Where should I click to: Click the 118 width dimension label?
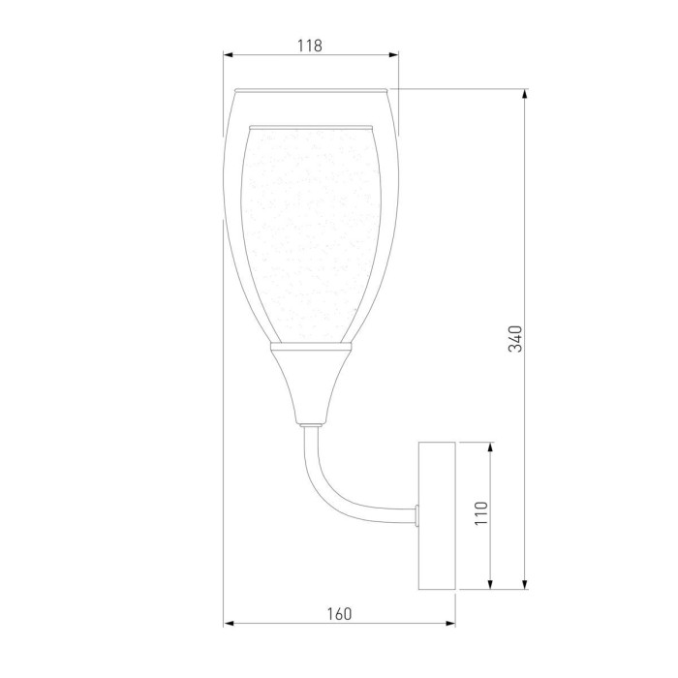click(x=309, y=45)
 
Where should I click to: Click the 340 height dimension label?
click(x=516, y=339)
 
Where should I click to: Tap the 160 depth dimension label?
click(x=339, y=613)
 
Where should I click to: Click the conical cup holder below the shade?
click(x=310, y=383)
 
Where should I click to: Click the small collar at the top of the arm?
click(x=310, y=423)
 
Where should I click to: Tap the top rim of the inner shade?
click(x=310, y=126)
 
